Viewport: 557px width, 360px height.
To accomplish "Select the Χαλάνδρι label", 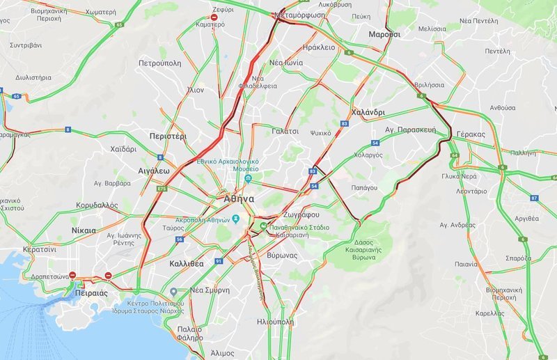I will point(369,111).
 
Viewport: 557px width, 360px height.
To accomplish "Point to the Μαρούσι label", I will point(384,33).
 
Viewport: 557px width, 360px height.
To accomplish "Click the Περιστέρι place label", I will point(168,136).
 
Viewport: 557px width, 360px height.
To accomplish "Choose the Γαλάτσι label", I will point(285,130).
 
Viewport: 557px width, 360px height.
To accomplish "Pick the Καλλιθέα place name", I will point(186,264).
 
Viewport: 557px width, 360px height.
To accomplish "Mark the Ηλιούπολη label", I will point(275,322).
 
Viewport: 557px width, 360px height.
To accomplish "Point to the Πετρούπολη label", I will point(159,63).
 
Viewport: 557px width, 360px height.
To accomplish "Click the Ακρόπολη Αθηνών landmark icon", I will point(237,219).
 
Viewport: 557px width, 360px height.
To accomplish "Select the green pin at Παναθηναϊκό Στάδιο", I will point(263,226).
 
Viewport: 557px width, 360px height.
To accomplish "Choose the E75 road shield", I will point(162,188).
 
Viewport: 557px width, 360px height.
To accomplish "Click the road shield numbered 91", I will point(219,261).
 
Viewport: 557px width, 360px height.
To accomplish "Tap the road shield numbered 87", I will point(534,198).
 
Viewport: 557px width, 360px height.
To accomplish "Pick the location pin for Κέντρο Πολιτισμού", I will point(173,292).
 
